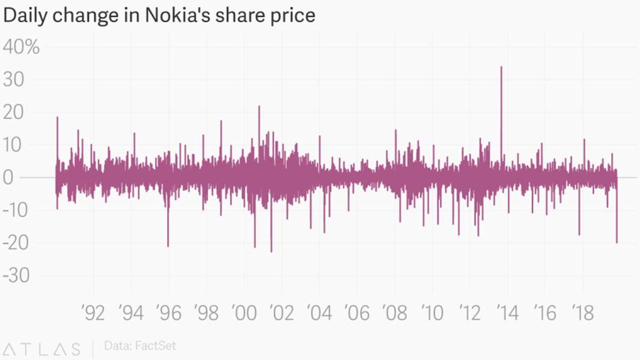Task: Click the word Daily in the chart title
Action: tap(23, 16)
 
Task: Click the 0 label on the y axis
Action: tap(8, 178)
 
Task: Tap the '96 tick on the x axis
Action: tap(169, 313)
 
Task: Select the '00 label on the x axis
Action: tap(244, 313)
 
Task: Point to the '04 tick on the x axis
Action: tap(319, 313)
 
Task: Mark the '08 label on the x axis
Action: tap(394, 313)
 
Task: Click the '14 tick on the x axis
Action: tap(507, 313)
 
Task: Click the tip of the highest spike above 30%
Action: tap(501, 67)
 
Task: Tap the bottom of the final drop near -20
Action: tap(617, 243)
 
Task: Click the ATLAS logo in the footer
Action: tap(42, 349)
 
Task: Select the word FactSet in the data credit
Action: tap(155, 346)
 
